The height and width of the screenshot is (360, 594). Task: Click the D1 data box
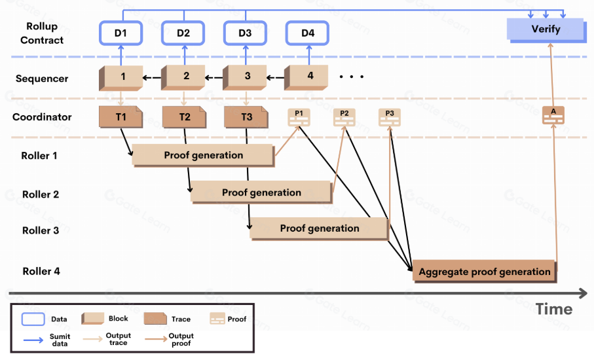pos(121,33)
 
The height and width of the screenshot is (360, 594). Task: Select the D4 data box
pos(308,33)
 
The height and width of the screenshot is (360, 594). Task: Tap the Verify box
pos(545,29)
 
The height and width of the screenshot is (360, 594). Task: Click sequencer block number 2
pos(185,77)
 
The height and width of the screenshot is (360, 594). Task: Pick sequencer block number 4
pos(308,77)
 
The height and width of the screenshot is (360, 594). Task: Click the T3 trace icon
pos(246,117)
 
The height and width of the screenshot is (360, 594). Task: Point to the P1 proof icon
pos(299,117)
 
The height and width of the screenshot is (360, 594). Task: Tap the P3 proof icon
pos(389,117)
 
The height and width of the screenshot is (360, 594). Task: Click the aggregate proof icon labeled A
pos(553,115)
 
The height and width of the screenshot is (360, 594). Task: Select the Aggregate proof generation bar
pos(484,272)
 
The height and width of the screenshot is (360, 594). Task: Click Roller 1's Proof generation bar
pos(203,155)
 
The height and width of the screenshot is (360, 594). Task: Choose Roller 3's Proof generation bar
pos(319,228)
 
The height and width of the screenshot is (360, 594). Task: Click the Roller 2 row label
pos(41,194)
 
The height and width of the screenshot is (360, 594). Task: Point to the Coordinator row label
pos(42,117)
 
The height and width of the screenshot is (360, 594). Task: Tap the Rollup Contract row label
pos(42,33)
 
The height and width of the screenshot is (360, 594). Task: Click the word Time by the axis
pos(554,309)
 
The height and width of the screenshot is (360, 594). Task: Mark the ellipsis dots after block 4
pos(351,77)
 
